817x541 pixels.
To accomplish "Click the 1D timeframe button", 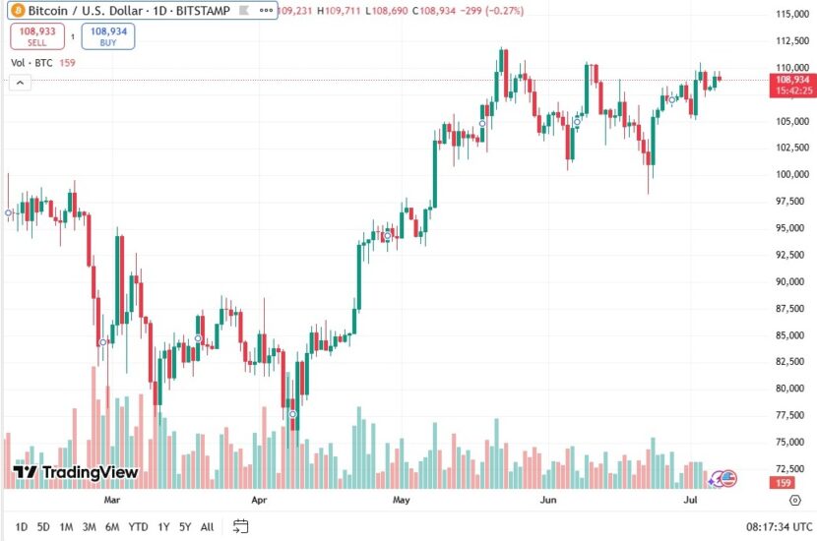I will tap(22, 526).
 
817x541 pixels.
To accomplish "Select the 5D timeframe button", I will tap(43, 526).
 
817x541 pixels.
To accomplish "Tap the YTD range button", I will tap(138, 526).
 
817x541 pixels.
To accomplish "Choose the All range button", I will tap(207, 526).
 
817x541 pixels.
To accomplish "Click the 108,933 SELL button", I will tap(36, 36).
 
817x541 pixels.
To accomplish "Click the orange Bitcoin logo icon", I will tap(17, 10).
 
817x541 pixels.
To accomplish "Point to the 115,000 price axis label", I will tap(791, 15).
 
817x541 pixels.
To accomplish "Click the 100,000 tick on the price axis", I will tap(791, 175).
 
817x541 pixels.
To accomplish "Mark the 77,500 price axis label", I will tap(791, 415).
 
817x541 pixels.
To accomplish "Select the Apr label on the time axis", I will tap(259, 499).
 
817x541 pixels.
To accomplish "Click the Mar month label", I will tap(118, 499).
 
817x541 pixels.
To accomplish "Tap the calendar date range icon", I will tap(240, 526).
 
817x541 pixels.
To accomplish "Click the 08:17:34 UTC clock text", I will tap(772, 526).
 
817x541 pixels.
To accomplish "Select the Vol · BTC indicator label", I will tap(31, 63).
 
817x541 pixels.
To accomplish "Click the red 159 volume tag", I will tap(785, 483).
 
